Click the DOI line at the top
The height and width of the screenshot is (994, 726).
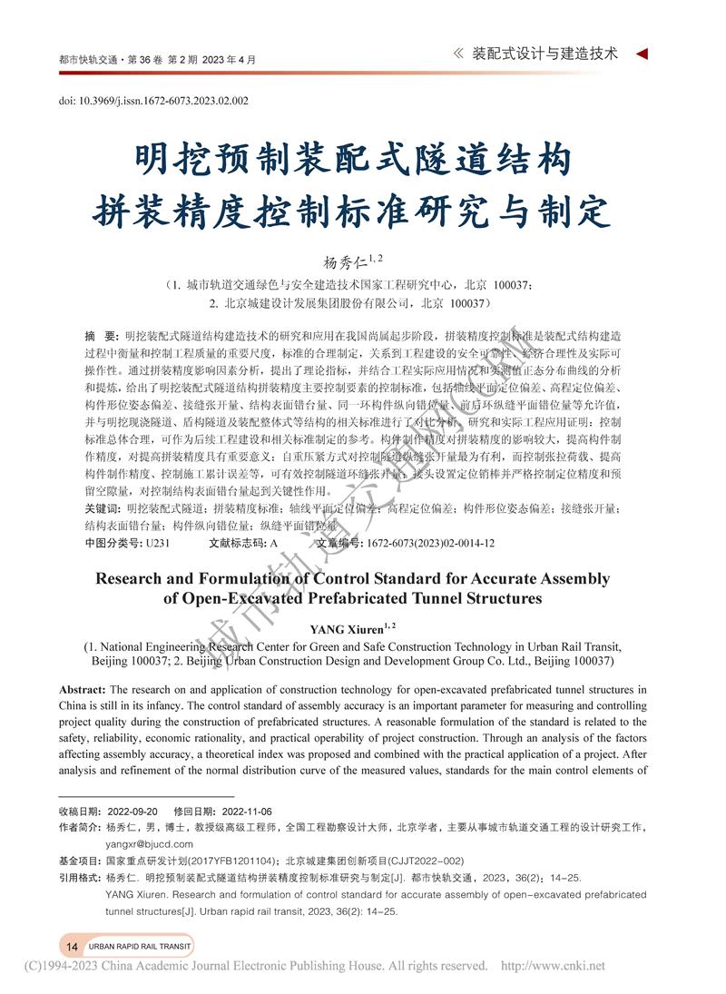pyautogui.click(x=153, y=102)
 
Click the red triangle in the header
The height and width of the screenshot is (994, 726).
pyautogui.click(x=642, y=54)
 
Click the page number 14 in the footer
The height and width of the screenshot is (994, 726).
pyautogui.click(x=72, y=946)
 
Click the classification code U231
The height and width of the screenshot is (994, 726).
pyautogui.click(x=157, y=543)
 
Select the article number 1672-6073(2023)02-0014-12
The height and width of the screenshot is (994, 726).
pyautogui.click(x=430, y=543)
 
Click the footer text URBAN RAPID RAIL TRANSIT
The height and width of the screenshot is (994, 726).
pyautogui.click(x=140, y=946)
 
